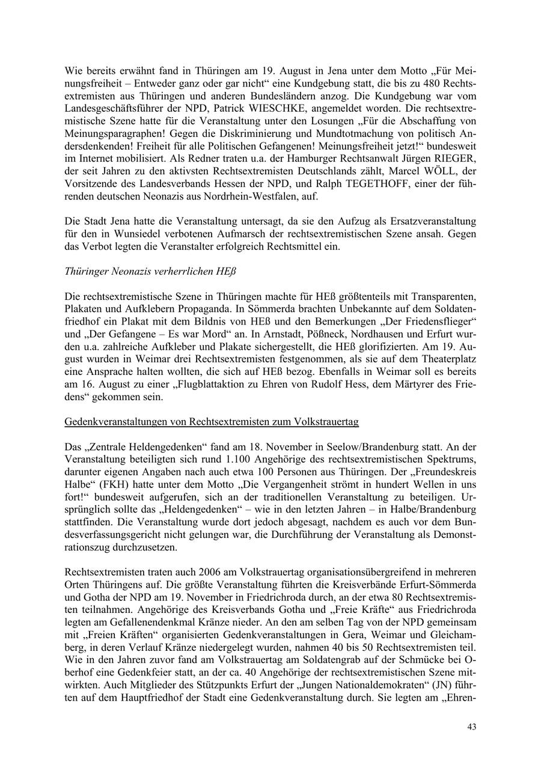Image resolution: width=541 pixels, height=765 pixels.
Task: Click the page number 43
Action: coord(472,727)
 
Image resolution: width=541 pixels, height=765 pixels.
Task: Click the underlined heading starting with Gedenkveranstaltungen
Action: coord(212,422)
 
